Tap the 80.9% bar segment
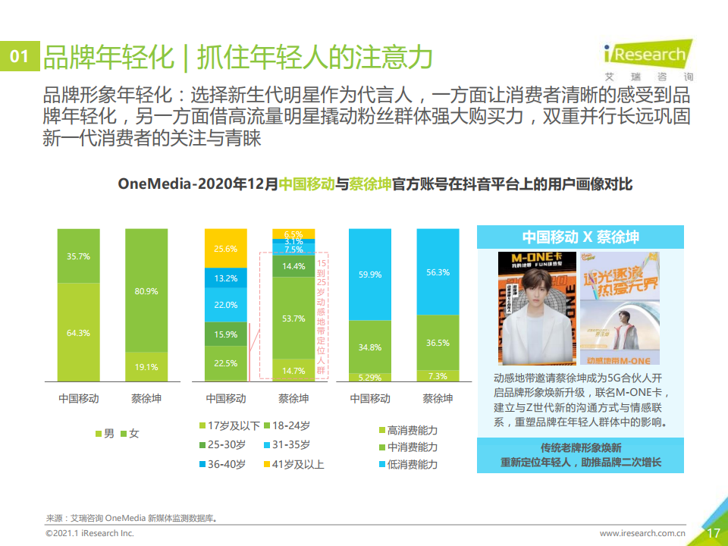(x=147, y=290)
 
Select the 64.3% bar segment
(x=78, y=331)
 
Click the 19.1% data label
(x=146, y=367)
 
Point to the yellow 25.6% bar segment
(x=226, y=248)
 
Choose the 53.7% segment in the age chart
(x=293, y=318)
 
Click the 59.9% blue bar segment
(x=370, y=275)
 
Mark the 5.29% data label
(x=370, y=377)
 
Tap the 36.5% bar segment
(x=438, y=343)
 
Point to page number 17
(x=713, y=533)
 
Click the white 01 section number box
(x=19, y=58)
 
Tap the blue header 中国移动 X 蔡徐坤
(x=580, y=237)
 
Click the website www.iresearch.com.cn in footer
(x=642, y=534)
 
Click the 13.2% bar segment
(x=226, y=278)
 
